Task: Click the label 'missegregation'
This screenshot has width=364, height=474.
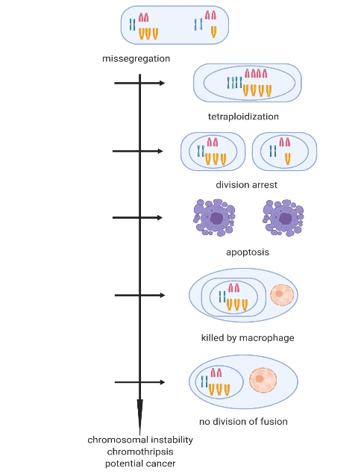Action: coord(136,58)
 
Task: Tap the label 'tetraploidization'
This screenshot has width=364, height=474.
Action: coord(243,116)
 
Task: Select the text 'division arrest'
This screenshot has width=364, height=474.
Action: coord(246,184)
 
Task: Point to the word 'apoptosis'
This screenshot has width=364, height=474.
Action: coord(248,252)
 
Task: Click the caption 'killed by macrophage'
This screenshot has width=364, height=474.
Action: coord(248,337)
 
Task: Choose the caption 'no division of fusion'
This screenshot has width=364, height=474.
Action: coord(243,421)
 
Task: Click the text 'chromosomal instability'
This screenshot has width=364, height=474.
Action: coord(140,440)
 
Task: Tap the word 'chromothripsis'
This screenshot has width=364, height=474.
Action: coord(140,452)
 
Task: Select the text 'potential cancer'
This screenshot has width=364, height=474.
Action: coord(140,464)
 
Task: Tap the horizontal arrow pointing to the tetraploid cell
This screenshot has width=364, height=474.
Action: coord(139,84)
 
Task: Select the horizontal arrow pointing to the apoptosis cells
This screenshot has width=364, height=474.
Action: coord(137,218)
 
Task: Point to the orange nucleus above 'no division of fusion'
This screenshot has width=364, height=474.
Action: coord(260,380)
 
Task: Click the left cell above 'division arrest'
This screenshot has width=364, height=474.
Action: coord(213,152)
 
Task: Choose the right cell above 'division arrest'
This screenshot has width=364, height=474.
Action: coord(284,152)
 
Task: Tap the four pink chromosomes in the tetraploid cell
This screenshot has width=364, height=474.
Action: coord(256,75)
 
